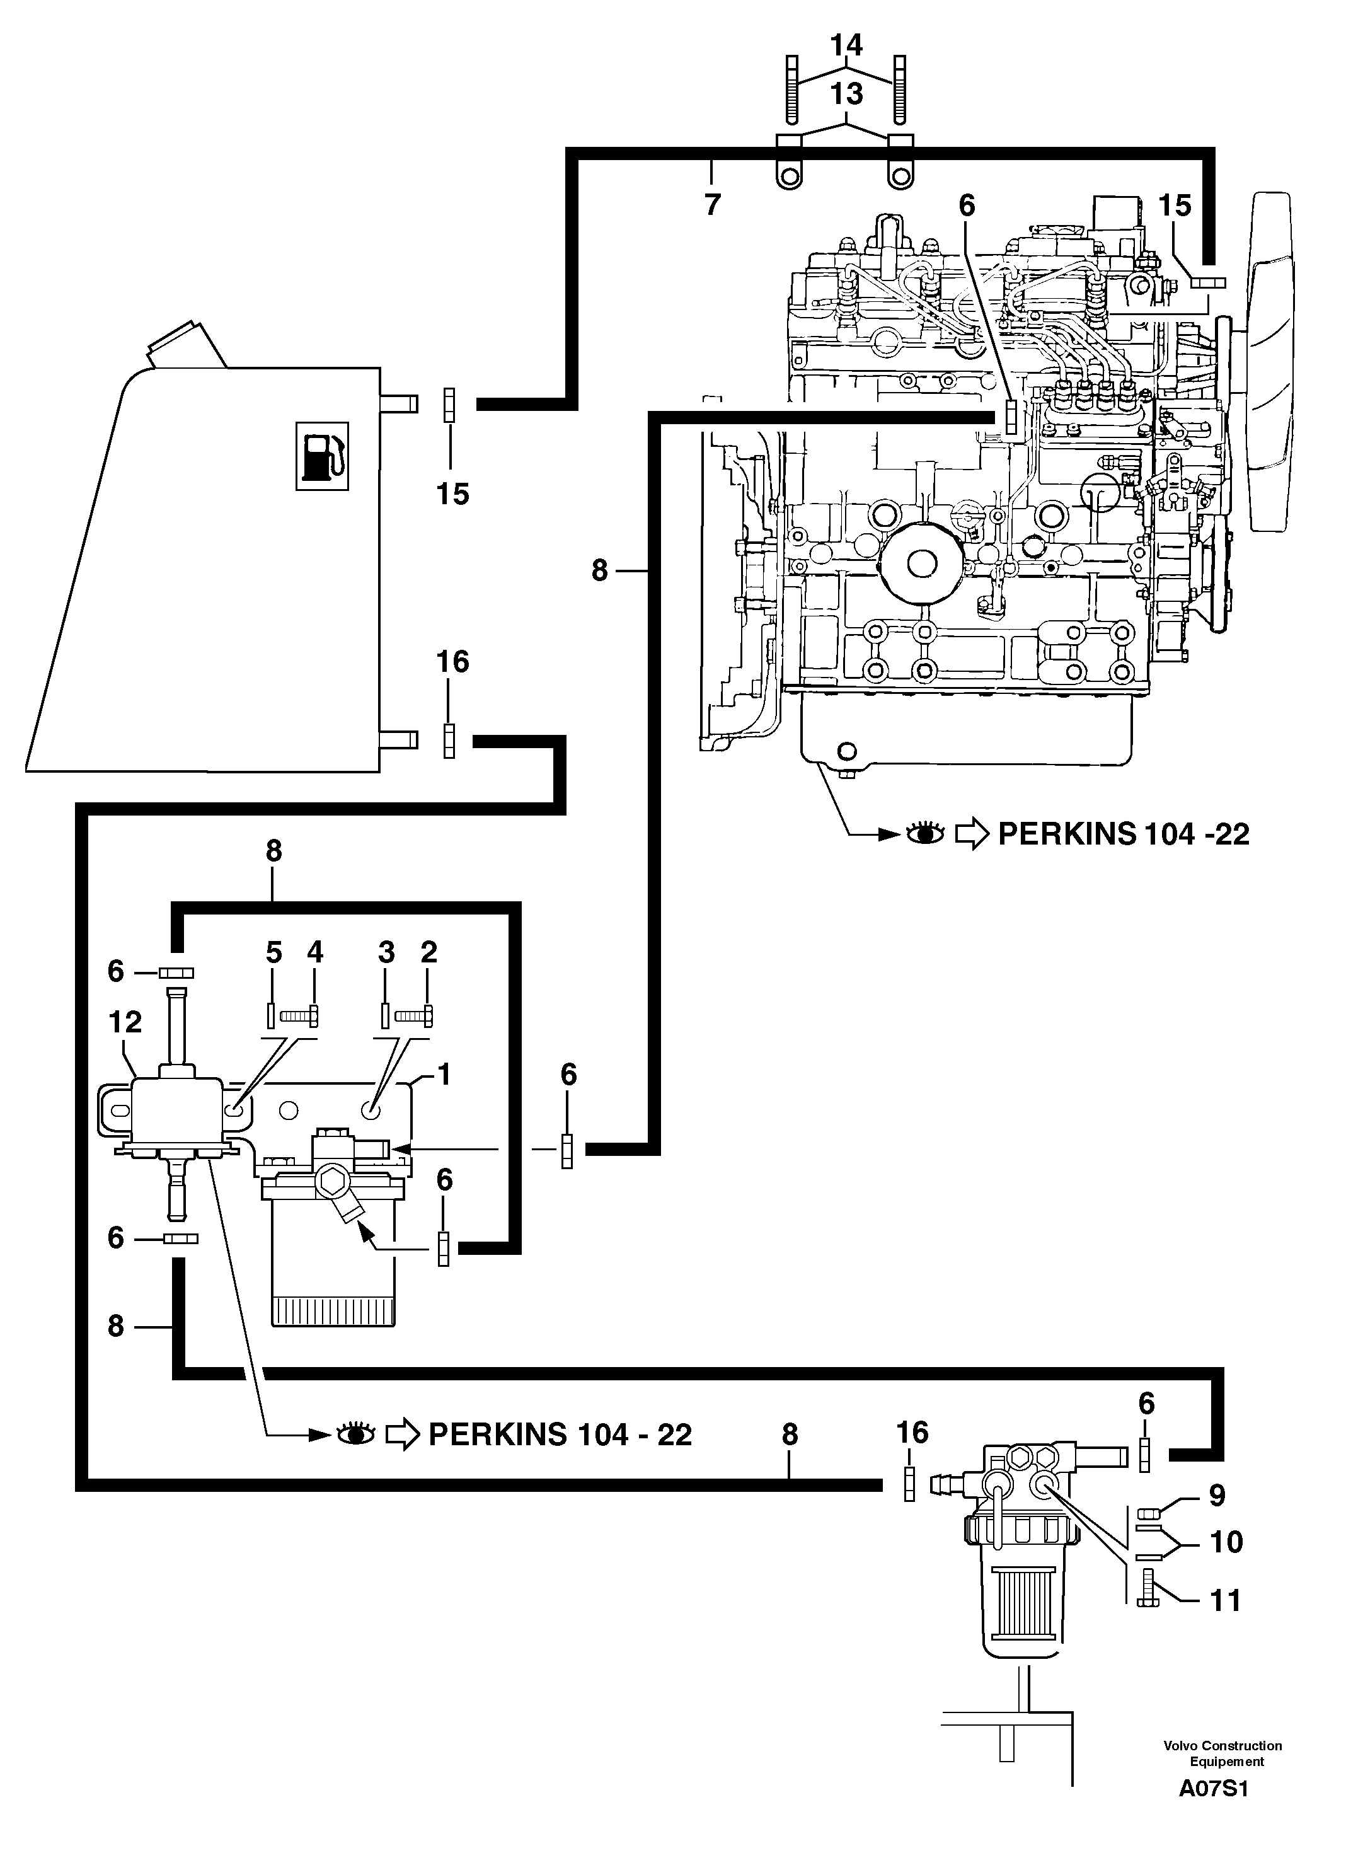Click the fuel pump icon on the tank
322,456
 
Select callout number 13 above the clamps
846,95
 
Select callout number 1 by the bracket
444,1075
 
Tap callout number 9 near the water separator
1216,1495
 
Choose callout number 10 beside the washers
1225,1542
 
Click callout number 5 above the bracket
273,952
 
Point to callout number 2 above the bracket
429,952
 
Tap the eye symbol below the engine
925,834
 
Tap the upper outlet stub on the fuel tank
400,403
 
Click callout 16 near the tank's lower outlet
452,661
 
